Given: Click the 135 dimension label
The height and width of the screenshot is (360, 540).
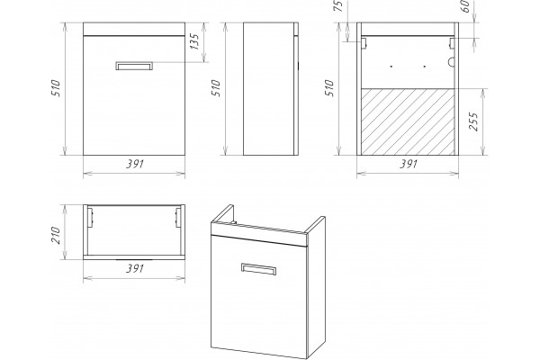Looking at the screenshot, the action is click(194, 41).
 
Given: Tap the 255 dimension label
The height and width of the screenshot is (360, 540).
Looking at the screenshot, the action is click(474, 121).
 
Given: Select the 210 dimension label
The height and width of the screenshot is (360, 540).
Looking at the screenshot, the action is click(56, 235).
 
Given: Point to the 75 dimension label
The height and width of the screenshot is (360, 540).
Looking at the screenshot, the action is click(339, 6).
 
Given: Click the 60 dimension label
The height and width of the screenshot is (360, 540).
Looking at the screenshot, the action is click(465, 6).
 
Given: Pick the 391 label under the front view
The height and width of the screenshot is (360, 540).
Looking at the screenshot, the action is click(135, 164).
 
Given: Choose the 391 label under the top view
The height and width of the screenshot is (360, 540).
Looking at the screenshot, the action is click(135, 268).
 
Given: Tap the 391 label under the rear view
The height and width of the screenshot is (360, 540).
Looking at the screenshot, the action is click(409, 164).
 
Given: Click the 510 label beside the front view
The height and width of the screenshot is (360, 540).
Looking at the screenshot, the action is click(56, 88).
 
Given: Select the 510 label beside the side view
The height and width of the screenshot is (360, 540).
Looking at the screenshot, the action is click(216, 88).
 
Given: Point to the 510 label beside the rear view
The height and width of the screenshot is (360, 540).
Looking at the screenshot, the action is click(329, 88).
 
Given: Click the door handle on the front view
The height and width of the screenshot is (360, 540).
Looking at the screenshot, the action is click(134, 66).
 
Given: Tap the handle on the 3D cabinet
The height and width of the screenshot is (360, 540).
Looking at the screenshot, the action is click(258, 269).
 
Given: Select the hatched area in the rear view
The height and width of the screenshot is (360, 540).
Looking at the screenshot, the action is click(408, 121).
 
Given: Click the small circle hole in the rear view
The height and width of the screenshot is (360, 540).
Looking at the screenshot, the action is click(451, 62).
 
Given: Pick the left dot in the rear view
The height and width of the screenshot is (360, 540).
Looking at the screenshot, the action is click(391, 66).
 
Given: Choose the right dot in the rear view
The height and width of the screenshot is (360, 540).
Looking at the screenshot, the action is click(424, 66).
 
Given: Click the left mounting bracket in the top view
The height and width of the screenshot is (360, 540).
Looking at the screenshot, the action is click(91, 218).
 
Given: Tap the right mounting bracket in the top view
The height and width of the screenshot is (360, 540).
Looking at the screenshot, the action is click(178, 218).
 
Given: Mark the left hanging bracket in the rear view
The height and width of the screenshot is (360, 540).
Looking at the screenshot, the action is click(364, 43).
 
